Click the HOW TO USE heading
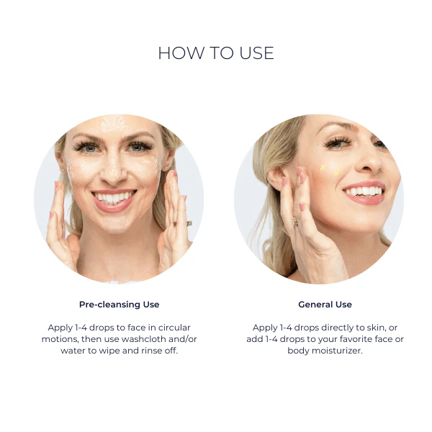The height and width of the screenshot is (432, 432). pyautogui.click(x=216, y=54)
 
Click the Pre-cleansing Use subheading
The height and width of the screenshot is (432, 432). pyautogui.click(x=119, y=305)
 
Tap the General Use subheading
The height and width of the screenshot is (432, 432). pyautogui.click(x=325, y=305)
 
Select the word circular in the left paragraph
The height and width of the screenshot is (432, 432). pyautogui.click(x=174, y=328)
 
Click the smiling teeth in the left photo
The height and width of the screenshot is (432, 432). pyautogui.click(x=114, y=197)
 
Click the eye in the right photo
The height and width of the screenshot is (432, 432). pyautogui.click(x=336, y=143)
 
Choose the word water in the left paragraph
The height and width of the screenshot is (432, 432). pyautogui.click(x=70, y=351)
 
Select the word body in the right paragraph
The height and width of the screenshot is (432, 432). pyautogui.click(x=299, y=351)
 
